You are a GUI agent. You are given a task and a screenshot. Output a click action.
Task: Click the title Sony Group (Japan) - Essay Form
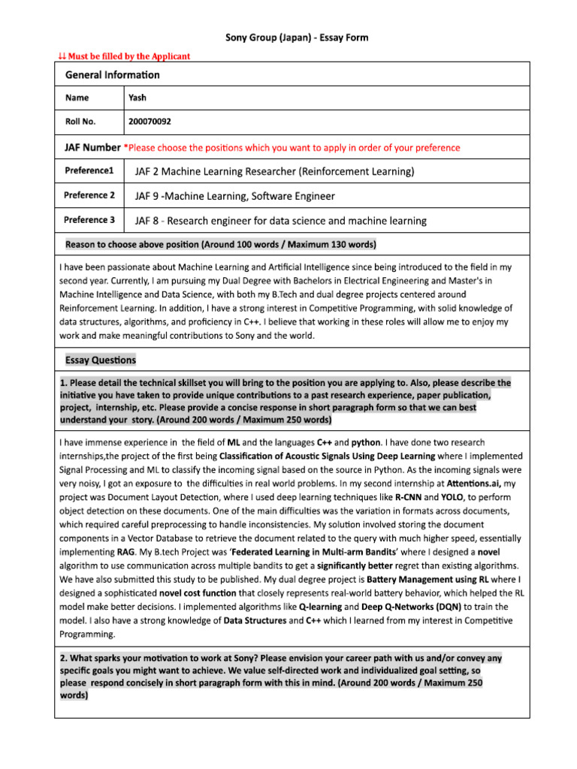pos(298,38)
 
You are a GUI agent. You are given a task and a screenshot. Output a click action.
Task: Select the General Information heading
pos(112,74)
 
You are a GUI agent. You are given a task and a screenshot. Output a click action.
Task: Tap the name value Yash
pos(137,98)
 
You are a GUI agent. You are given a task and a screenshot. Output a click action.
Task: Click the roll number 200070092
pos(155,121)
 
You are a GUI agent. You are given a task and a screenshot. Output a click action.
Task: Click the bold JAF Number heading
pos(92,147)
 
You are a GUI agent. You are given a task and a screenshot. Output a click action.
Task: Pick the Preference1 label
pos(89,171)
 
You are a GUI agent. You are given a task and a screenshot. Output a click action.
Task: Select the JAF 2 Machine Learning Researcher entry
pos(274,171)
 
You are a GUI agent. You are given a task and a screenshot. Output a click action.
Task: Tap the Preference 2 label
pos(89,195)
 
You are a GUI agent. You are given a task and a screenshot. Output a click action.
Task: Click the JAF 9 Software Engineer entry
pos(234,196)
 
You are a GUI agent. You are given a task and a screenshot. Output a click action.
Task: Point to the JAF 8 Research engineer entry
pos(280,221)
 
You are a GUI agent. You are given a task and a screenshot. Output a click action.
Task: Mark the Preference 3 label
pos(89,220)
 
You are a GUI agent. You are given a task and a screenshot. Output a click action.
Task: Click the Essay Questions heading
pos(101,360)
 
